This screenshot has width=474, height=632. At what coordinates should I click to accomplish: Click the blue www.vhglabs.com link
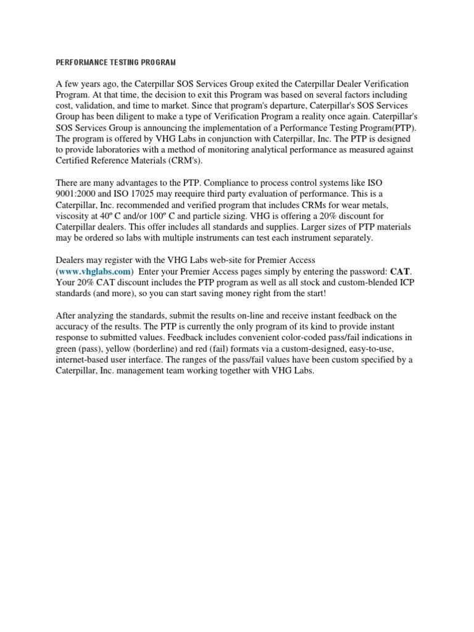click(95, 271)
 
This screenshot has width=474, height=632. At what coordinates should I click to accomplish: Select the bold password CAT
click(400, 271)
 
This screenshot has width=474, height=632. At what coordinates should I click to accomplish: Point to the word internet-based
click(85, 359)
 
